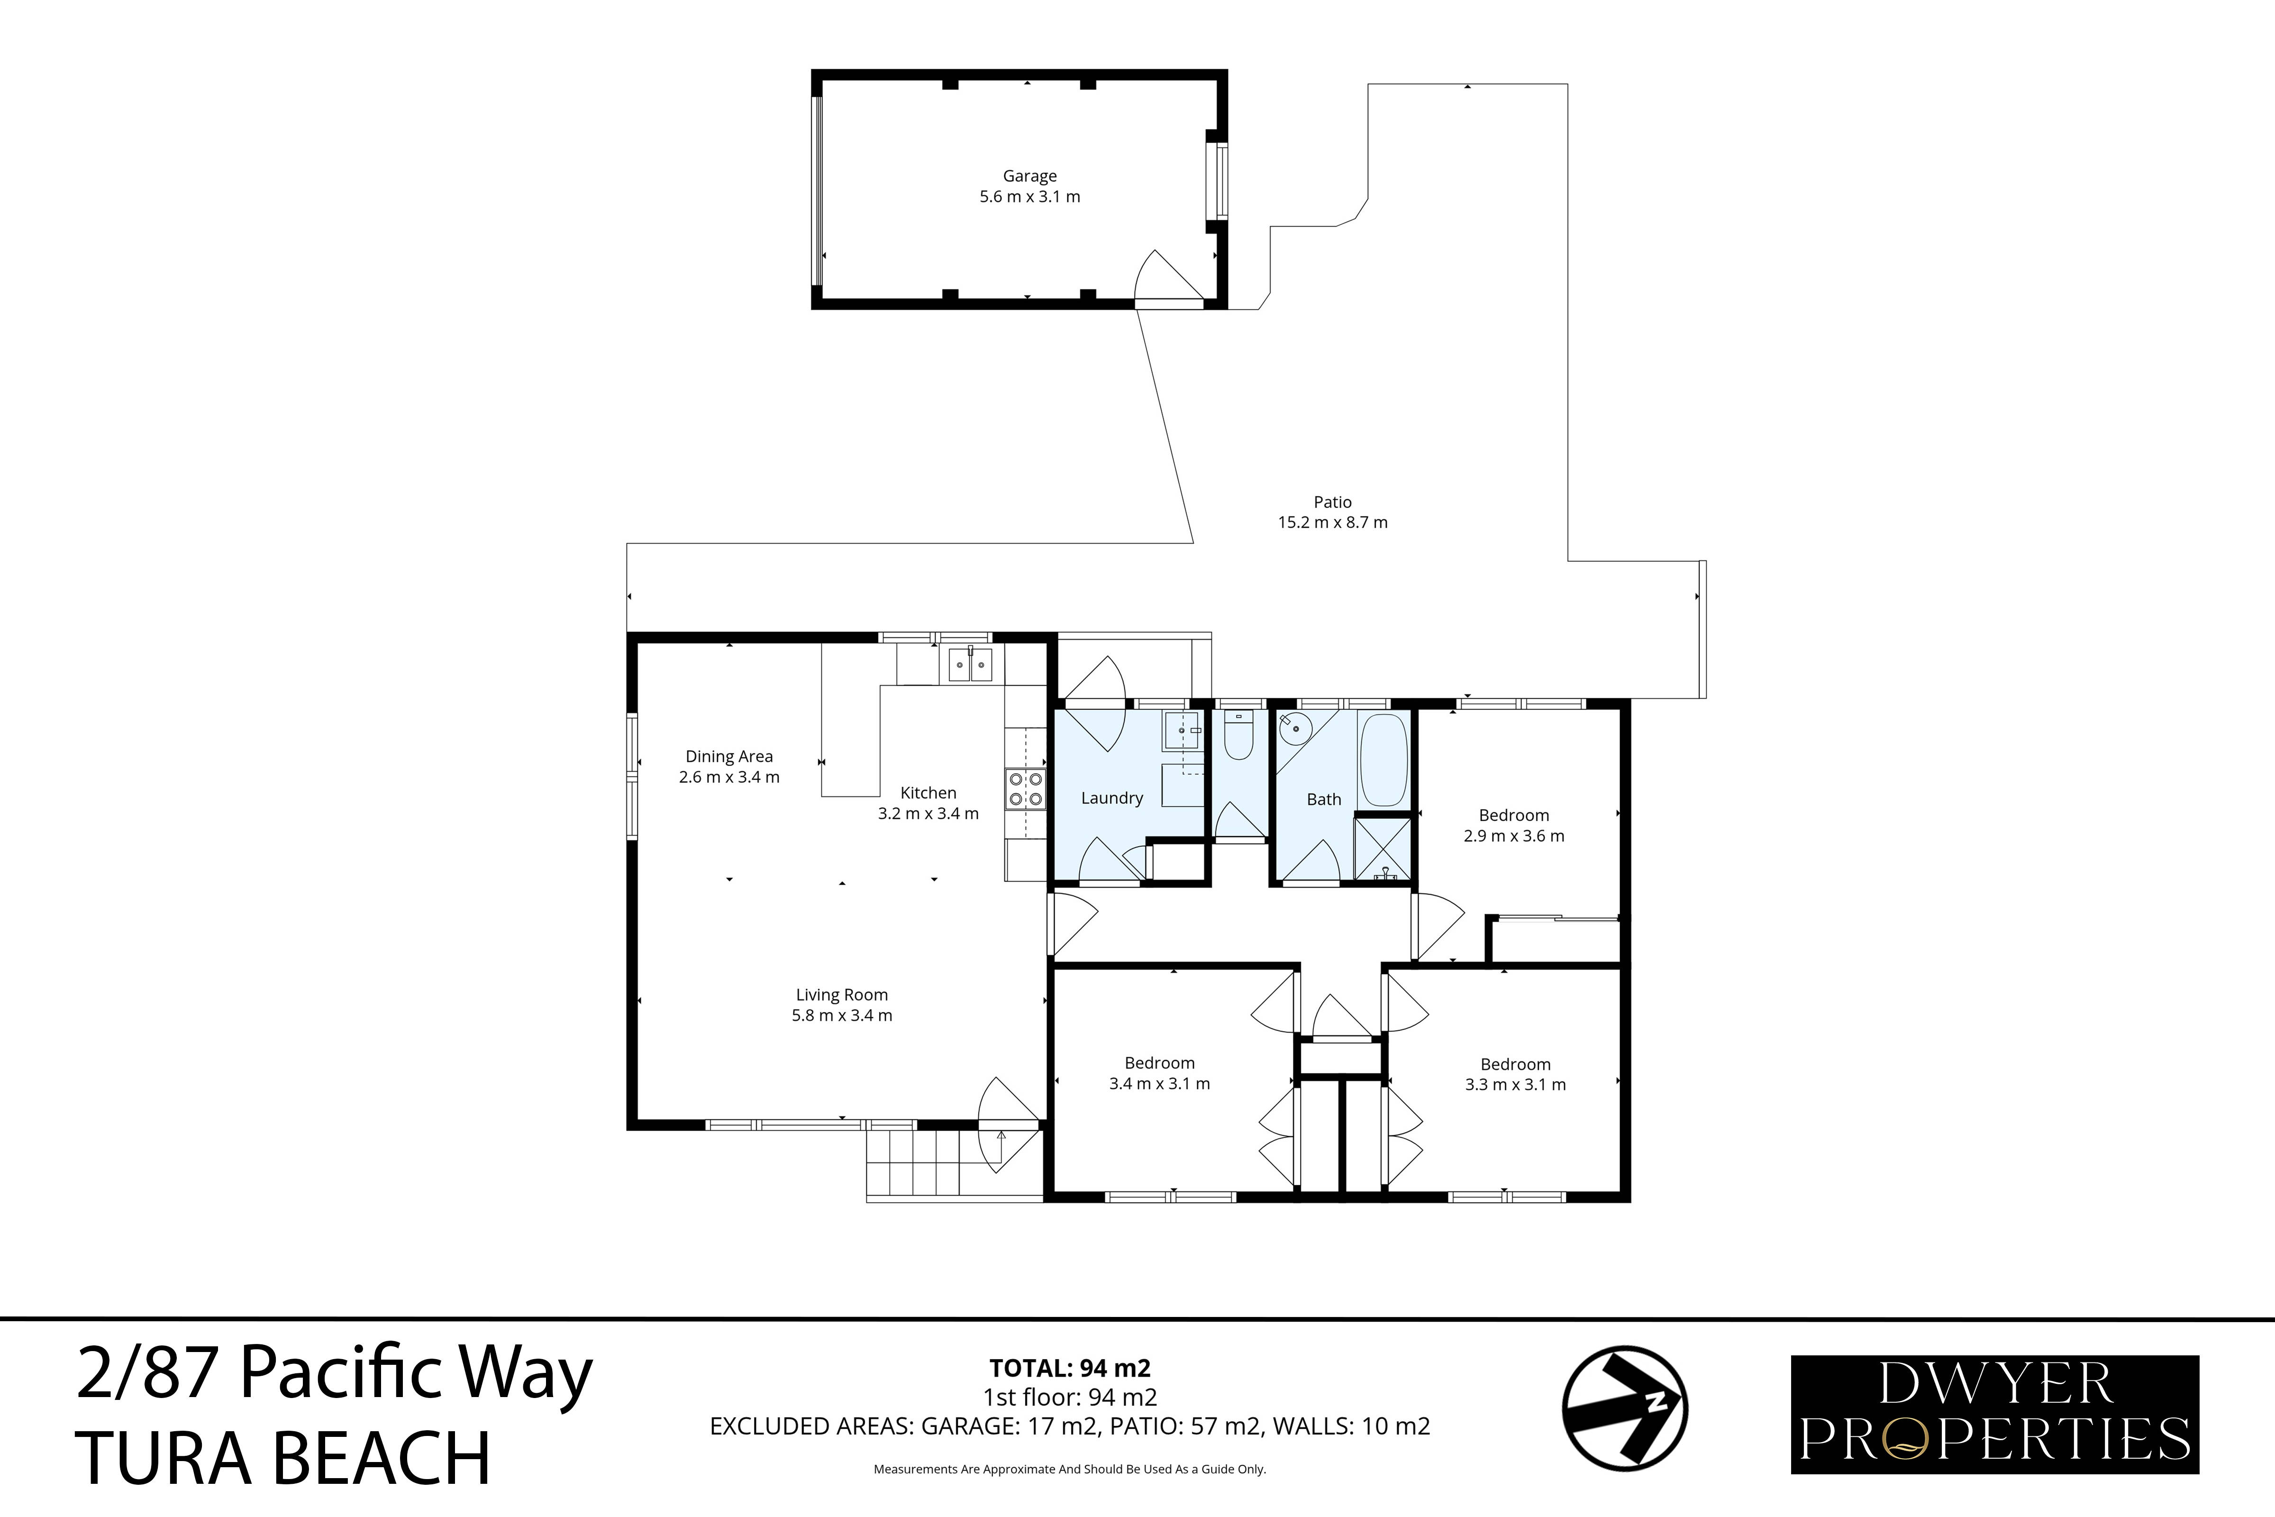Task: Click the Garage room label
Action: click(1029, 176)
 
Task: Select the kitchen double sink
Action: click(970, 665)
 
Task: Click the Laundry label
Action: click(1111, 798)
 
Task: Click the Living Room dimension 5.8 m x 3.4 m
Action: click(842, 1016)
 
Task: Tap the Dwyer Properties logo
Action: click(1994, 1415)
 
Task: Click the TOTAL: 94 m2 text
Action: click(1070, 1368)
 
